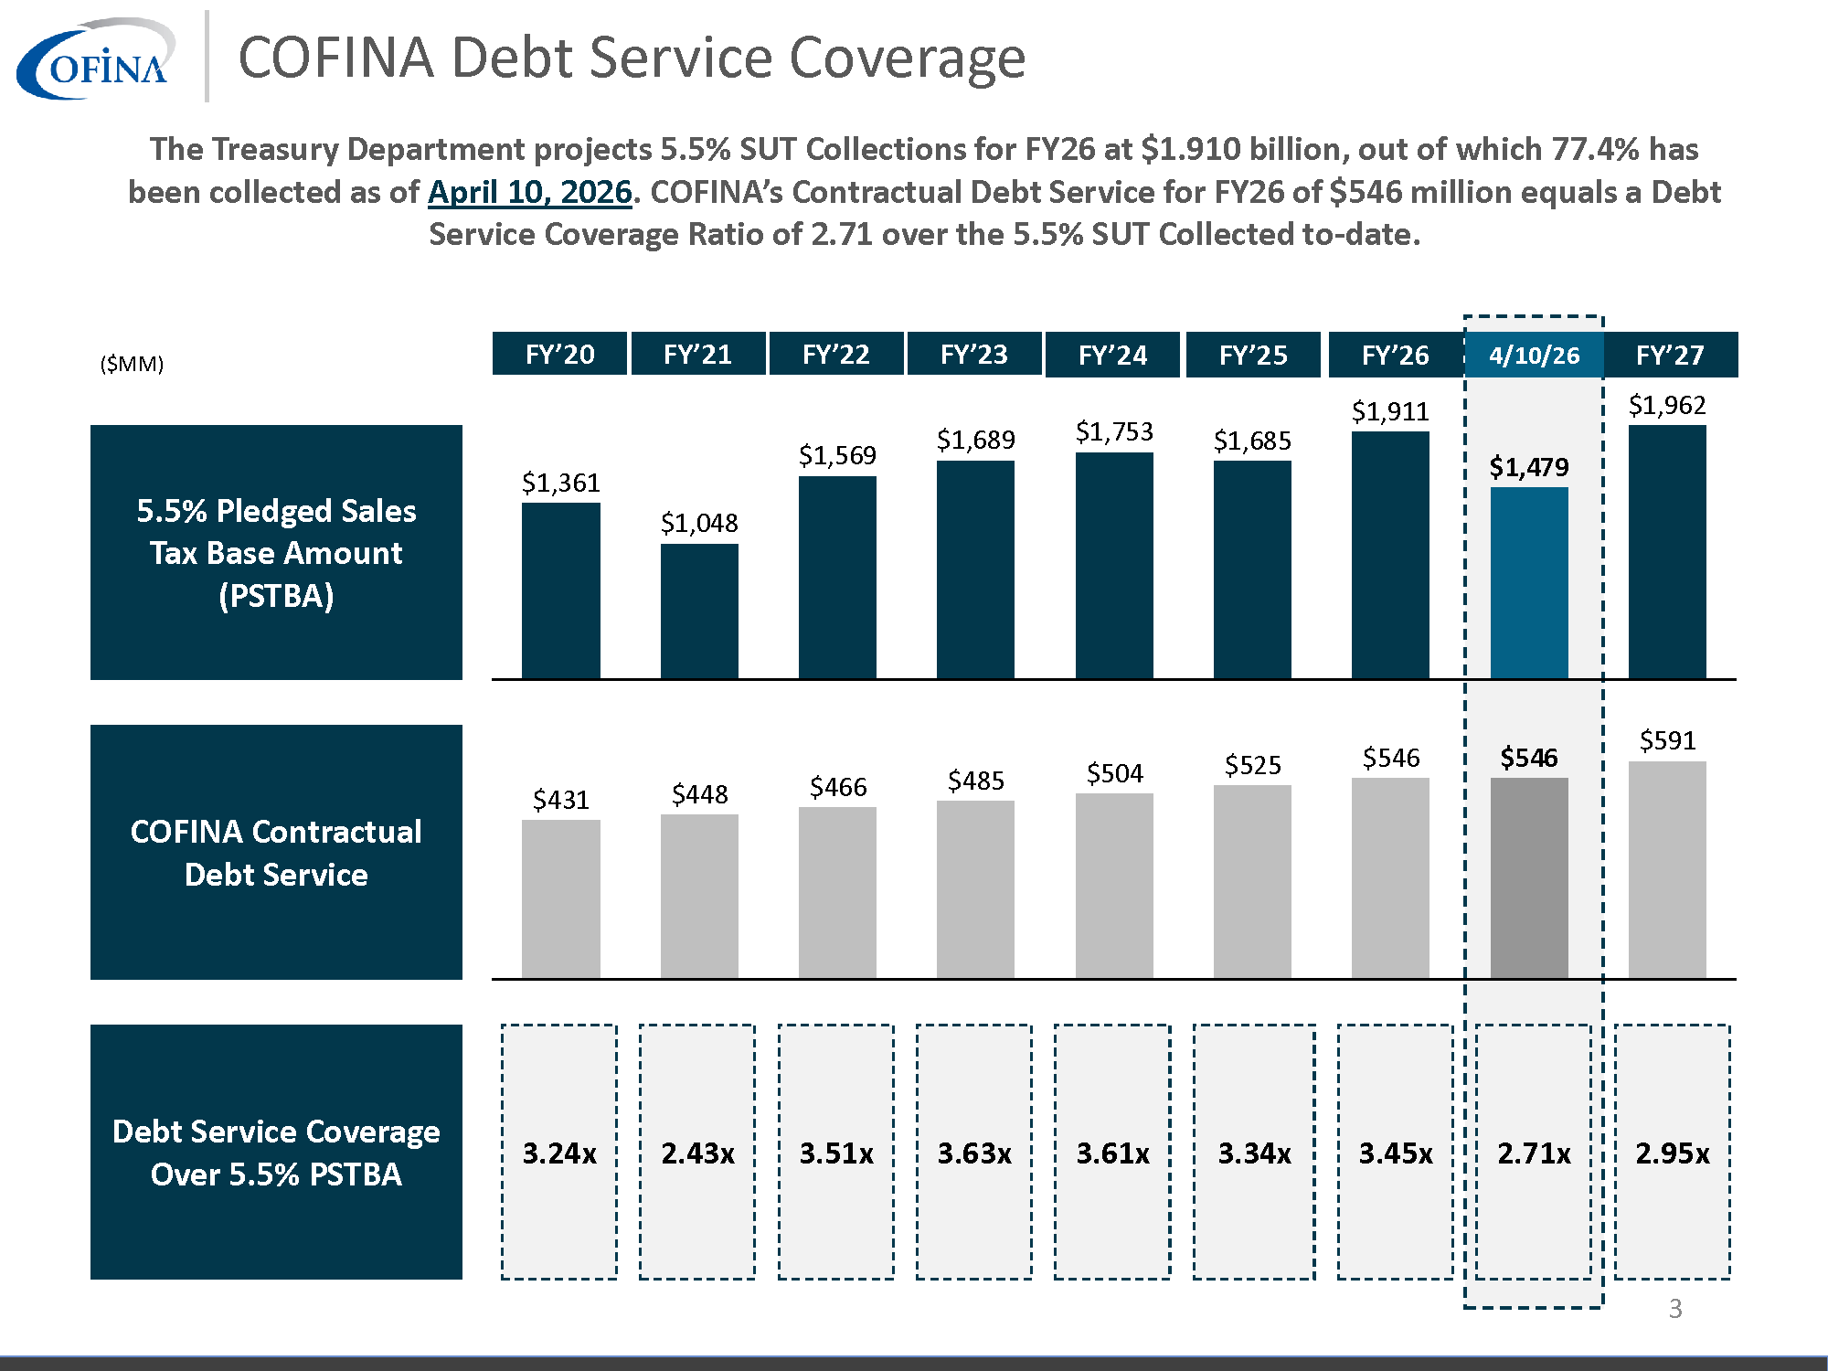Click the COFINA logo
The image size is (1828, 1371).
point(96,59)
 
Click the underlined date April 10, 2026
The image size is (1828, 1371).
point(529,192)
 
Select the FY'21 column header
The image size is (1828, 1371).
point(697,354)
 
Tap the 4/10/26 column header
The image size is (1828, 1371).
point(1534,355)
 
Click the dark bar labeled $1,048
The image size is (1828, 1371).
point(699,611)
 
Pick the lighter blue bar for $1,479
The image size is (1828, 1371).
point(1529,582)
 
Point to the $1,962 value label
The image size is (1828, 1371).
point(1667,405)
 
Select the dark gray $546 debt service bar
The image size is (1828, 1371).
point(1529,877)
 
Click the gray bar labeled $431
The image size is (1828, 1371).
point(560,898)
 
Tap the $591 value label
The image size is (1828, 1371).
point(1667,740)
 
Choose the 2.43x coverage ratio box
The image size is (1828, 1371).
point(697,1152)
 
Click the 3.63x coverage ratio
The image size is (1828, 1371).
point(974,1153)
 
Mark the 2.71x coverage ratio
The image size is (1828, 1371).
point(1534,1153)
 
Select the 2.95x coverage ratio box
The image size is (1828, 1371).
point(1672,1152)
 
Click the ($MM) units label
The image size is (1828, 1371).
point(132,364)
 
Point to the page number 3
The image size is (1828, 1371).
point(1674,1309)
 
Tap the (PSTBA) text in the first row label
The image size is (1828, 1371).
point(276,596)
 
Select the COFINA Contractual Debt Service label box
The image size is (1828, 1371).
point(276,852)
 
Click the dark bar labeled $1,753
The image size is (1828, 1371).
point(1113,565)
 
